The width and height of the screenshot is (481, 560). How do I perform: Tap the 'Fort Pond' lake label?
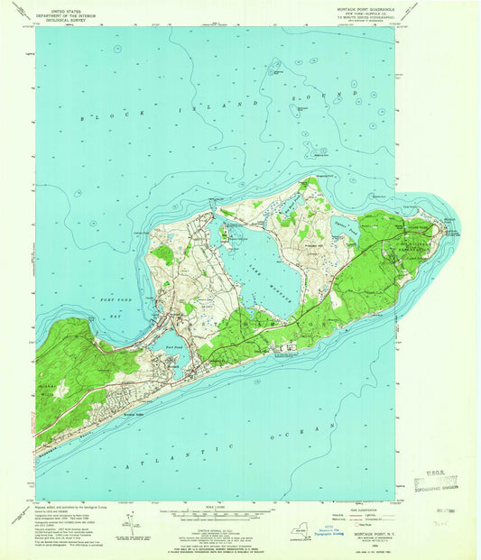[177, 344]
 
